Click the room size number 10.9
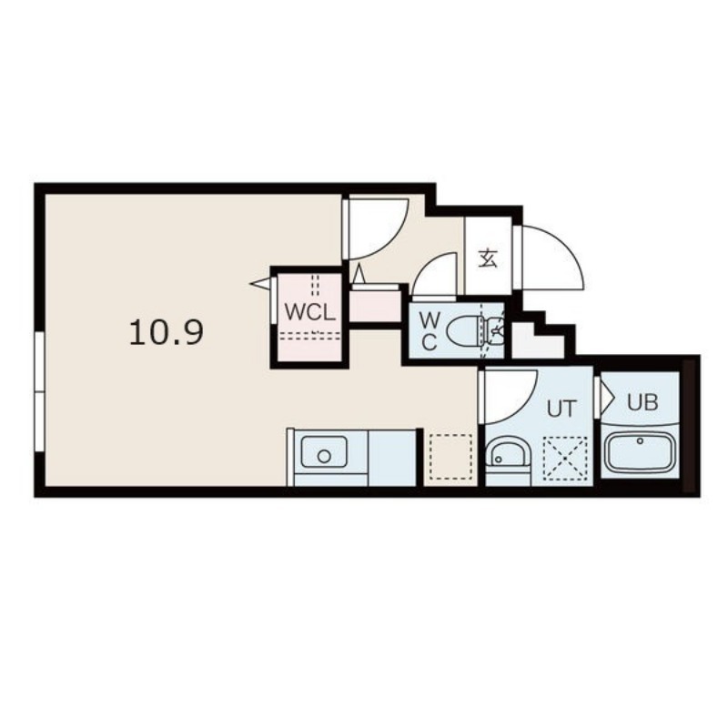click(x=167, y=333)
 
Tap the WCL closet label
click(x=309, y=312)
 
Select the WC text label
click(x=429, y=331)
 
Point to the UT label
click(x=561, y=409)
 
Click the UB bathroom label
click(x=642, y=402)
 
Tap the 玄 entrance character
click(x=488, y=258)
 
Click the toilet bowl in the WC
click(x=464, y=331)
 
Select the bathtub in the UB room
click(x=640, y=451)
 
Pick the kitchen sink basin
click(x=324, y=451)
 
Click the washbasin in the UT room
click(x=508, y=453)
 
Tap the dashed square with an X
click(x=565, y=459)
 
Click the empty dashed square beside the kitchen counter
click(x=450, y=457)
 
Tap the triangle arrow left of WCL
click(x=260, y=284)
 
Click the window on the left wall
click(x=39, y=391)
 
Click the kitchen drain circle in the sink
click(x=324, y=456)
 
